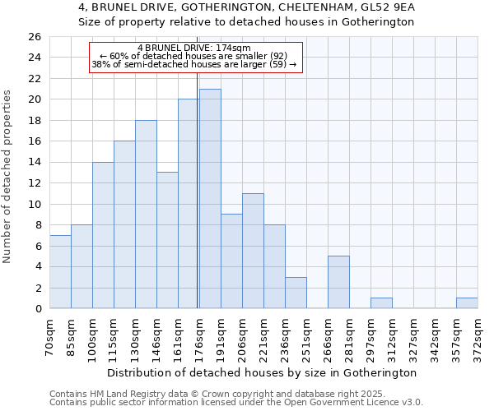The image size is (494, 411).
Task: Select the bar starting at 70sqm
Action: point(60,272)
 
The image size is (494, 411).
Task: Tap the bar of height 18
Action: point(146,215)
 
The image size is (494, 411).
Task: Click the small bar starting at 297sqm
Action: point(381,303)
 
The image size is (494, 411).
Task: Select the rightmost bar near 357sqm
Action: point(467,303)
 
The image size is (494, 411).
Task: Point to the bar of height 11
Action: point(253,251)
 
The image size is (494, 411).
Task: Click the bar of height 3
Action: point(296,293)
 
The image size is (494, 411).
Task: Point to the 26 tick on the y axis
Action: point(35,37)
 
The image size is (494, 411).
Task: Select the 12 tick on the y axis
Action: point(35,183)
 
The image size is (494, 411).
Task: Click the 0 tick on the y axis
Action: point(38,309)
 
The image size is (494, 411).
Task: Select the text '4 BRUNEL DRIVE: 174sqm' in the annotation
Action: point(194,48)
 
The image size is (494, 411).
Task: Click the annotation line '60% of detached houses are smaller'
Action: point(194,56)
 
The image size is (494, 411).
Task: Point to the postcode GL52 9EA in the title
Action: point(391,7)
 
